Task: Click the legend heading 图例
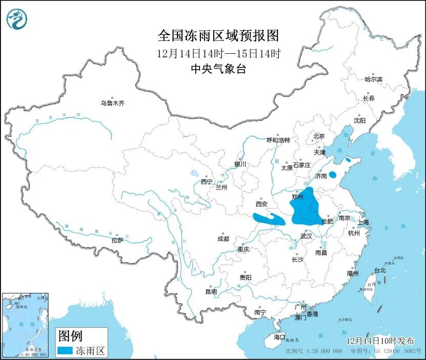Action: point(70,336)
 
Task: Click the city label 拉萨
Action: point(117,240)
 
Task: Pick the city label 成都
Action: point(223,239)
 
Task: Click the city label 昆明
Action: point(211,292)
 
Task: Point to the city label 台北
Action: point(379,270)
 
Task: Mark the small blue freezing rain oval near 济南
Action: point(333,174)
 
